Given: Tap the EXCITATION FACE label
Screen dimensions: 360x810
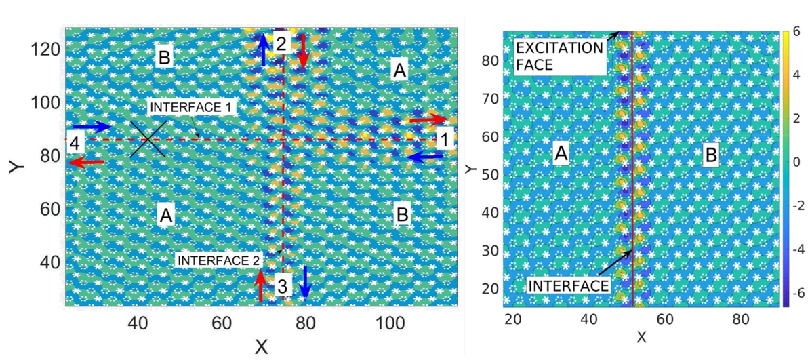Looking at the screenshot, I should [559, 56].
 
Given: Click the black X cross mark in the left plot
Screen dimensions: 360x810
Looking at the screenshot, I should [148, 140].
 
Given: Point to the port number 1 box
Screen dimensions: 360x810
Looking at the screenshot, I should [445, 140].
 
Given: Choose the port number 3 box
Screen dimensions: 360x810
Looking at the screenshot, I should [283, 287].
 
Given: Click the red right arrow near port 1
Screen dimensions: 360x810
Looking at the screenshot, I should [424, 119].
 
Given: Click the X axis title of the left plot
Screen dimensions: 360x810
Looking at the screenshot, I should [261, 347].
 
